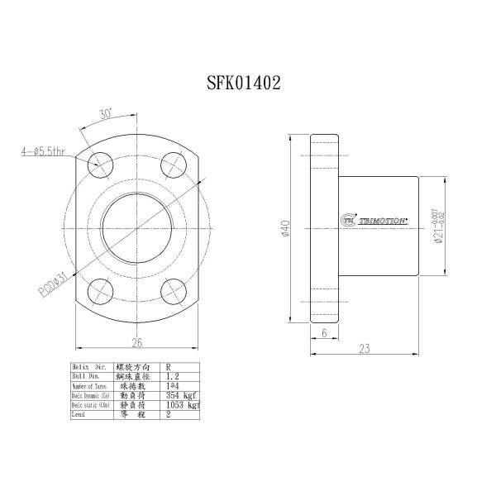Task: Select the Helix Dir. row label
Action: tap(88, 365)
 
